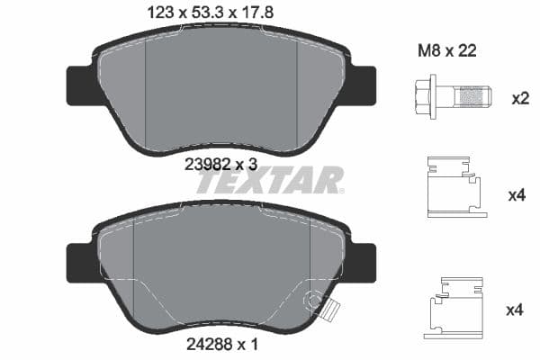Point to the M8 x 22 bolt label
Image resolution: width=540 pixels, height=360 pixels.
[445, 51]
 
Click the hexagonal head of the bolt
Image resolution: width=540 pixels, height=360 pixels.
[425, 96]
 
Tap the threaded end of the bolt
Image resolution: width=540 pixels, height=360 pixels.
[473, 96]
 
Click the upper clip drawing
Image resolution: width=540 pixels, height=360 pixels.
[450, 187]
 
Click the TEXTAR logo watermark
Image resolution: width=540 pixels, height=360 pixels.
[270, 180]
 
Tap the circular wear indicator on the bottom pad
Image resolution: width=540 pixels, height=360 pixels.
[314, 300]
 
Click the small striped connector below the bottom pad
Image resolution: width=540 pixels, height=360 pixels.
[331, 311]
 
